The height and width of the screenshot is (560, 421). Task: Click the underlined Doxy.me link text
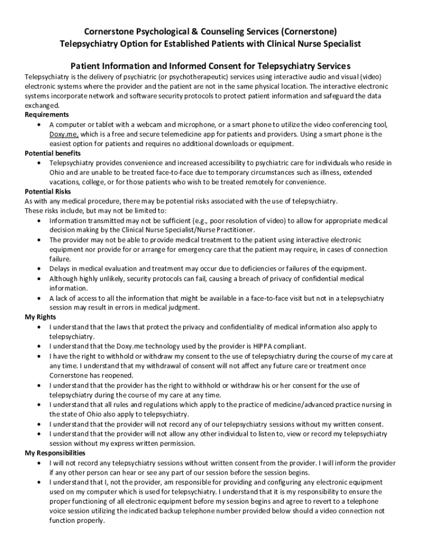point(64,135)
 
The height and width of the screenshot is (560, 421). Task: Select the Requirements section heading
point(47,115)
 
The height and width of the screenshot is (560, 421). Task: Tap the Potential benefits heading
point(53,154)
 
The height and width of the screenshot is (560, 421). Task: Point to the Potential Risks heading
point(48,192)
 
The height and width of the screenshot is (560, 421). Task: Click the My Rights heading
point(41,317)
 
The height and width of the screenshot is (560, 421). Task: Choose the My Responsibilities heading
point(55,453)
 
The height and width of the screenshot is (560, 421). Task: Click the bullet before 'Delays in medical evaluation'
point(38,269)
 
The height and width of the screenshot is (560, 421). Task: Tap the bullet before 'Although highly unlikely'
point(38,279)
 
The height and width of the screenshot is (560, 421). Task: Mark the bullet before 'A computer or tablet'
point(38,125)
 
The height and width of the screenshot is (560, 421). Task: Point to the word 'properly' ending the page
point(91,521)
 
